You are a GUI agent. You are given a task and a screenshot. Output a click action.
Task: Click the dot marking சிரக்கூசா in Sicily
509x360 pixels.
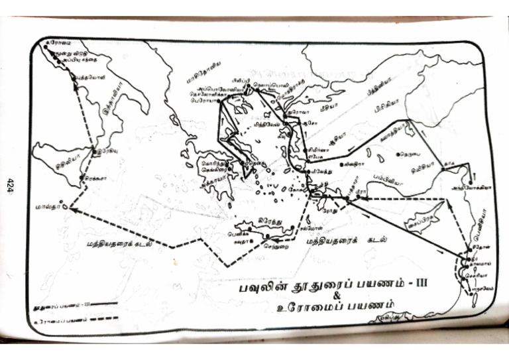point(80,179)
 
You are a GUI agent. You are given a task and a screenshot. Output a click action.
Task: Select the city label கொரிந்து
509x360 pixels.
point(214,162)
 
